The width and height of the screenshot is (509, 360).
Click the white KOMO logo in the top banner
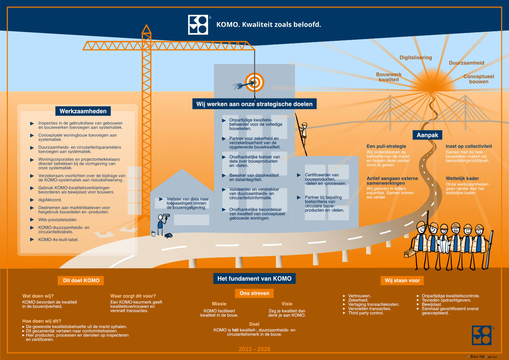[x=198, y=24]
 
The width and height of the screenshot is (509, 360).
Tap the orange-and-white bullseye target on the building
[x=254, y=82]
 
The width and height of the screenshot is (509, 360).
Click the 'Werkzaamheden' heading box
[x=83, y=111]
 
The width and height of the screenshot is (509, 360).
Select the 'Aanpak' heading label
[x=427, y=135]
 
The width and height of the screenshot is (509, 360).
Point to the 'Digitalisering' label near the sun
[x=416, y=57]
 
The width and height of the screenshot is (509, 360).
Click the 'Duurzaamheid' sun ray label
[x=467, y=63]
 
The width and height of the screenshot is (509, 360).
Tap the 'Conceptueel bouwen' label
[x=478, y=79]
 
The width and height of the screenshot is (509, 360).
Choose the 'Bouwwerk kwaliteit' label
[x=389, y=77]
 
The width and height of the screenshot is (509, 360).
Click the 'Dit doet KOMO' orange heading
[x=81, y=281]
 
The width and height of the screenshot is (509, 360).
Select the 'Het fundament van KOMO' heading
[x=254, y=278]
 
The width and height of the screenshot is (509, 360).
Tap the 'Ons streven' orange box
[x=254, y=293]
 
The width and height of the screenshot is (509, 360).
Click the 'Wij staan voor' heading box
[x=402, y=281]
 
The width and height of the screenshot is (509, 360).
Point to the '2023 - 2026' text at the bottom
[x=254, y=349]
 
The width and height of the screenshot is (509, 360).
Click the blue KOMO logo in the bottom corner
[x=482, y=335]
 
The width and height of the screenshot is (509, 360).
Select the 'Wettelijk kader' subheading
[x=462, y=178]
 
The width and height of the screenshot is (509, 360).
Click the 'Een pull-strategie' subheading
[x=386, y=146]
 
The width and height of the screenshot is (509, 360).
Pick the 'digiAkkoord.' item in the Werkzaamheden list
[x=50, y=200]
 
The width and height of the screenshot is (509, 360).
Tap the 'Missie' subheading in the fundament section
[x=219, y=304]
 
